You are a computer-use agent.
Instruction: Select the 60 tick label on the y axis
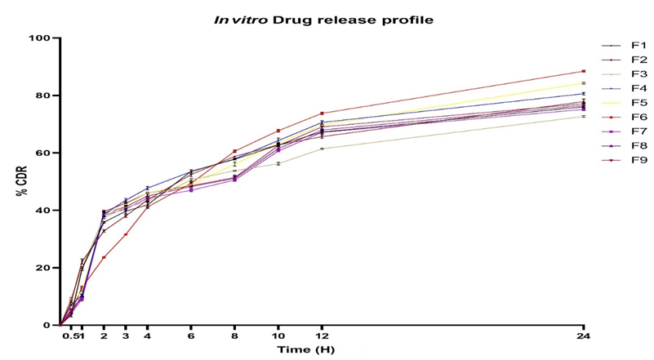click(42, 153)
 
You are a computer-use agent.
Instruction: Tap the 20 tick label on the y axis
click(42, 268)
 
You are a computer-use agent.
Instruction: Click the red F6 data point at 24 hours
click(583, 71)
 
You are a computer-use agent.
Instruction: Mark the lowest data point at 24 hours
click(583, 116)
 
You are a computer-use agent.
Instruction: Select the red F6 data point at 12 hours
click(322, 113)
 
